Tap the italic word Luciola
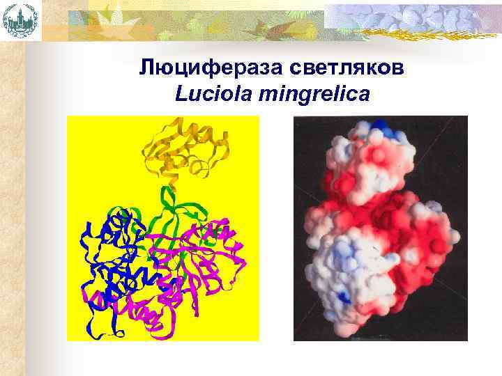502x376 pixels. coord(213,93)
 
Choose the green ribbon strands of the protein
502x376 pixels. coord(167,209)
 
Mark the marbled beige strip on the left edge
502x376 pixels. coord(12,209)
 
